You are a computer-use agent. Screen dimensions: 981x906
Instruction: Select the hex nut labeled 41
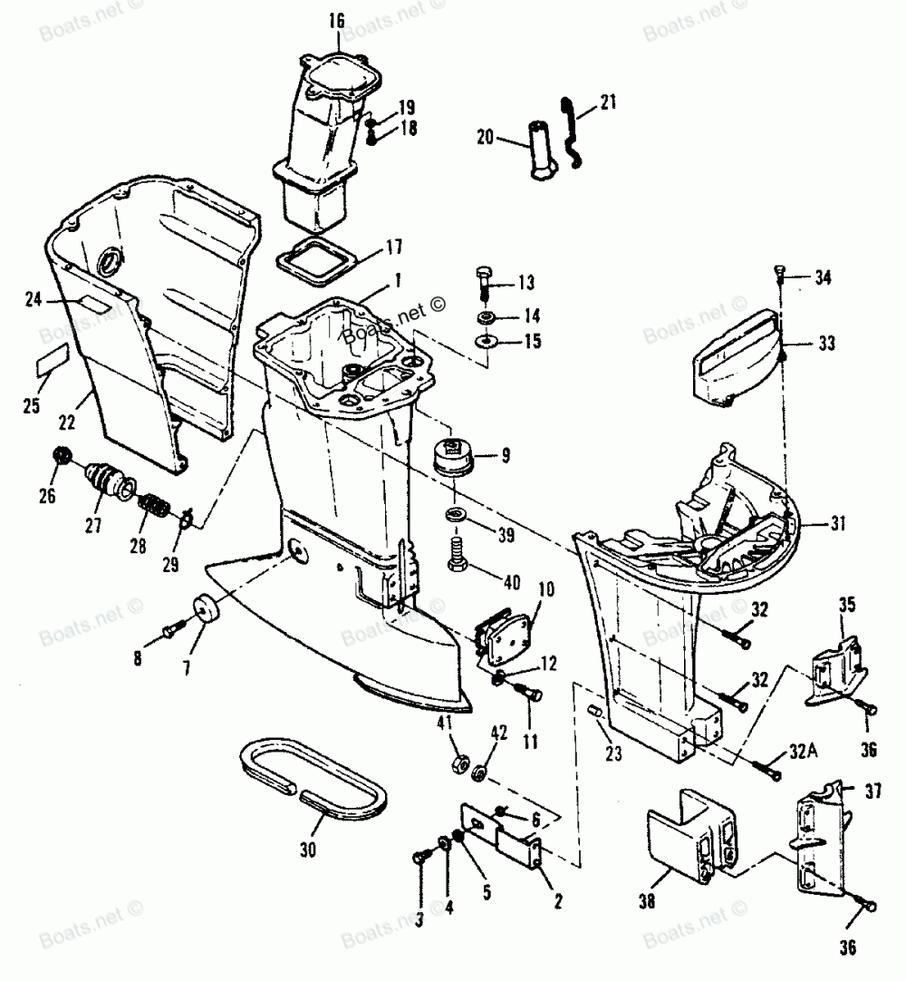click(458, 761)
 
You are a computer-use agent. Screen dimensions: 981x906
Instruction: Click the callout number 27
click(93, 526)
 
